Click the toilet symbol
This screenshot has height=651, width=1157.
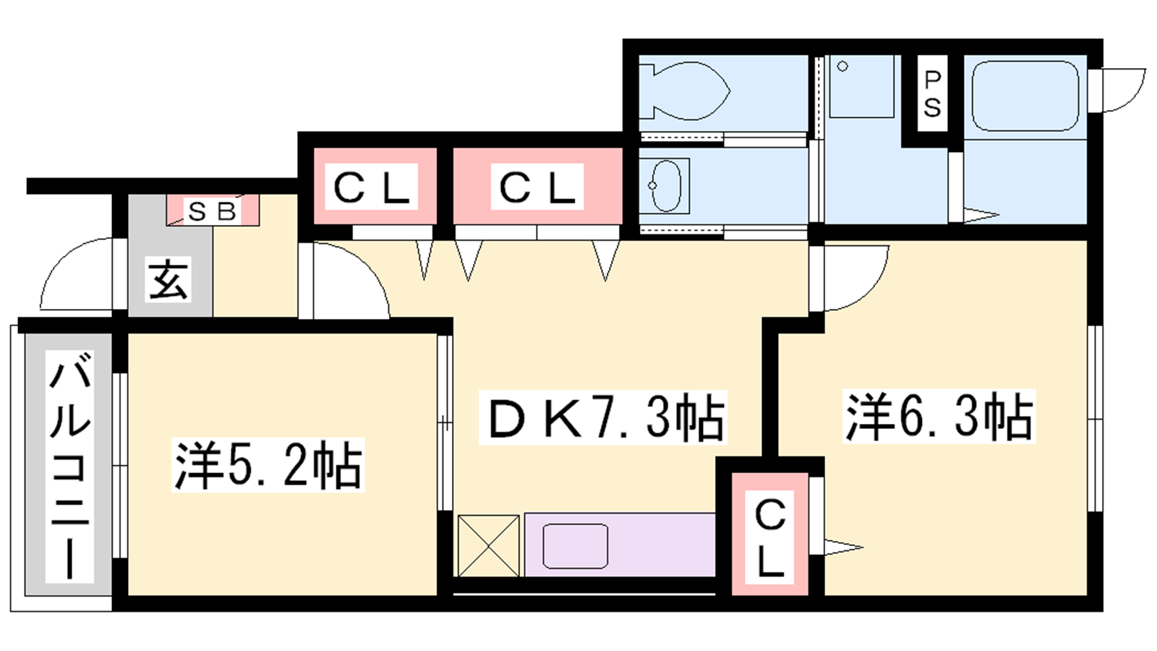(683, 91)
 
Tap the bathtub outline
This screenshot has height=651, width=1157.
(1025, 97)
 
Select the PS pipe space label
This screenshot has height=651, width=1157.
(932, 94)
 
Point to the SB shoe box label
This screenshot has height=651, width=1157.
(213, 212)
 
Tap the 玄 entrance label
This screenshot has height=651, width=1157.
(168, 279)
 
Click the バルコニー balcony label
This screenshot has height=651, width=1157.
(69, 466)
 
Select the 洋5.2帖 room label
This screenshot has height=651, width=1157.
(268, 464)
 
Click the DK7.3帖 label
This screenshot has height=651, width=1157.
(603, 417)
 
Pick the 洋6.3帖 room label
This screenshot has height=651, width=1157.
(939, 416)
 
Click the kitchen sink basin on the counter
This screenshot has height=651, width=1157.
(575, 545)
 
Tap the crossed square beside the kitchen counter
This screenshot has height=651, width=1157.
(489, 545)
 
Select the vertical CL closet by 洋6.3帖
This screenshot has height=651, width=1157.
(770, 535)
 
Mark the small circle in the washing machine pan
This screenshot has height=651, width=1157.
(842, 67)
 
